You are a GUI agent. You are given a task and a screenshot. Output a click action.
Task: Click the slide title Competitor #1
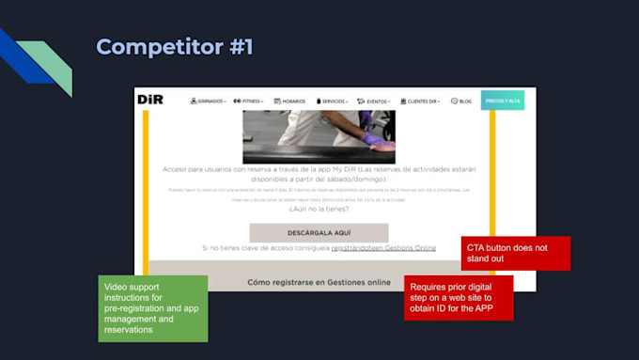click(x=175, y=46)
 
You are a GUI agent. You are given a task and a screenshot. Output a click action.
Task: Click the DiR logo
click(x=150, y=100)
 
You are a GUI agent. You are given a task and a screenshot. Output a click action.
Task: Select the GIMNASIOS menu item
click(x=209, y=101)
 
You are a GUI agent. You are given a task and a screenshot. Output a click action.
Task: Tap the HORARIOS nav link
click(x=290, y=101)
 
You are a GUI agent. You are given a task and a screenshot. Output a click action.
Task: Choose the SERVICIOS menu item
click(x=333, y=101)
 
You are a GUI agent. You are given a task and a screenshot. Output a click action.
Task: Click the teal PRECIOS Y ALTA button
click(x=503, y=100)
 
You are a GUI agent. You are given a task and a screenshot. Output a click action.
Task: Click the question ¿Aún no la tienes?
click(x=319, y=210)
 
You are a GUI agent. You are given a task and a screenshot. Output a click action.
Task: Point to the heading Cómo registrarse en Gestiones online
click(x=319, y=281)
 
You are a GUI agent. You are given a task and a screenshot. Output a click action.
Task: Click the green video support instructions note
click(x=153, y=307)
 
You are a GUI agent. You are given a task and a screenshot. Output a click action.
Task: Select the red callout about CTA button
click(x=516, y=253)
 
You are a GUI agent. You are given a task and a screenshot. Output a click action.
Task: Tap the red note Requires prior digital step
click(x=459, y=297)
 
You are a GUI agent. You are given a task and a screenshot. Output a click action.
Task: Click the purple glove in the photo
click(x=373, y=140)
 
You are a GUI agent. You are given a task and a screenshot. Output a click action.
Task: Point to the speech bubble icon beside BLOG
click(x=454, y=101)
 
